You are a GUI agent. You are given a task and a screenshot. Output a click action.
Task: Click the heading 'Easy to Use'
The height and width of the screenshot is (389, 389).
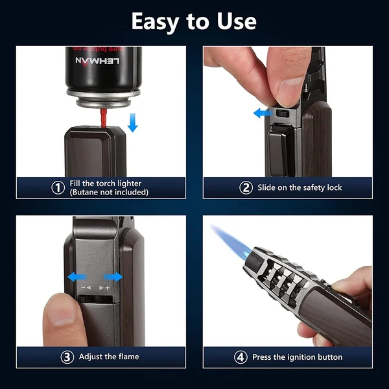[194, 21]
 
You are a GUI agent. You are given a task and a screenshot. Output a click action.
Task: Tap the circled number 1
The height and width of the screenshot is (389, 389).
[58, 187]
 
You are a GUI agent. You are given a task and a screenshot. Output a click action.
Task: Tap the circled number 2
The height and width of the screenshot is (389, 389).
[246, 187]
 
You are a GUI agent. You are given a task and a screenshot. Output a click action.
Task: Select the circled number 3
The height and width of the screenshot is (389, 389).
[67, 357]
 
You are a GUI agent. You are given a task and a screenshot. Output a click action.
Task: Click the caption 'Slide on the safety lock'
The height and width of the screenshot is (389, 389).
[300, 187]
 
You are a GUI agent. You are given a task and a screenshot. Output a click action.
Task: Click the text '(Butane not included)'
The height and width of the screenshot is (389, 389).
[109, 192]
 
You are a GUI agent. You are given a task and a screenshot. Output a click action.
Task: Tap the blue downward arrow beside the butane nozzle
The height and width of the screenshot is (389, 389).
[133, 121]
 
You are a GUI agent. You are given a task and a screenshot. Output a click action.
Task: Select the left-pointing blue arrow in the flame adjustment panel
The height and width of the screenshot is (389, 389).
[75, 277]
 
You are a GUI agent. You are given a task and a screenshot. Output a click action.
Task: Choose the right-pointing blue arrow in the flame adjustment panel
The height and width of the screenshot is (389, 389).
[114, 277]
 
